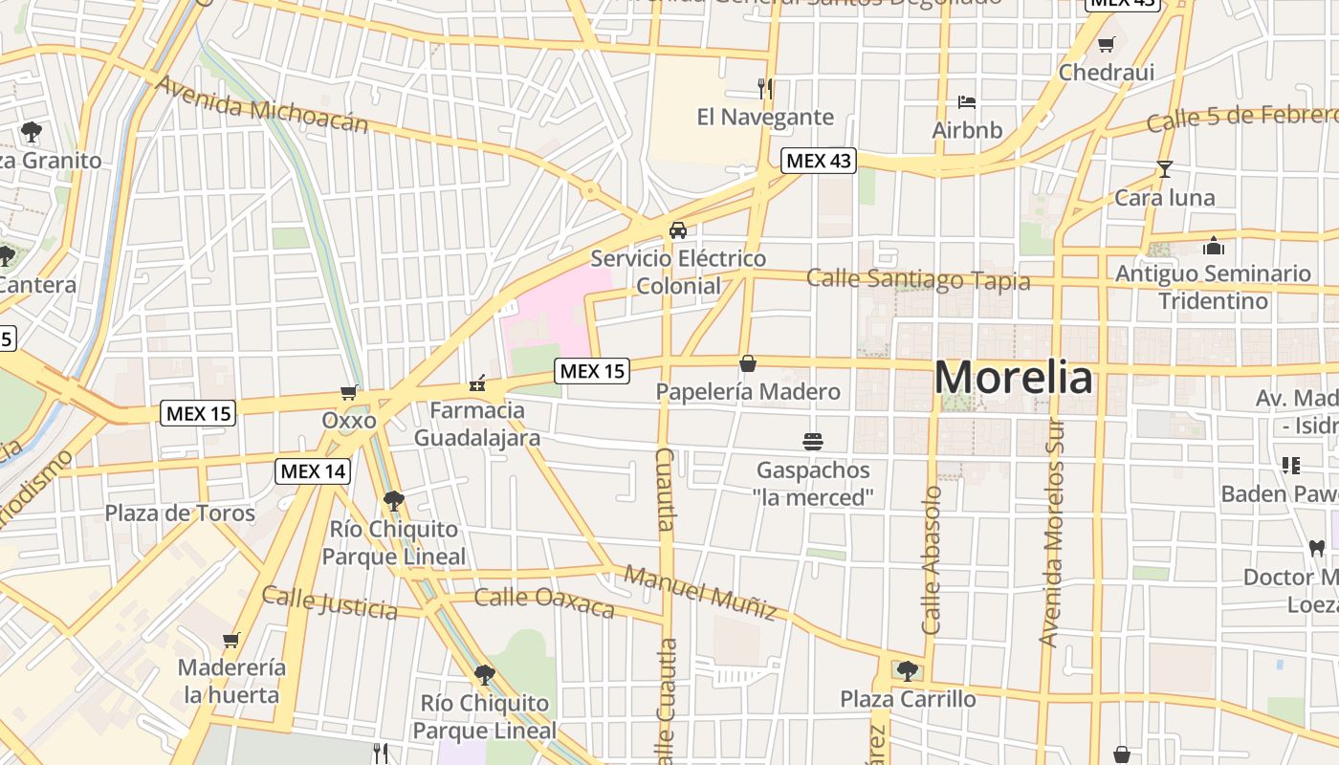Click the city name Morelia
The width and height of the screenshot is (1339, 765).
point(1013,378)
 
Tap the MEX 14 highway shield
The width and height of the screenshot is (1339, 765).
point(313,470)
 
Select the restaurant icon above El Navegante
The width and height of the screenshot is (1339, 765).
point(764,89)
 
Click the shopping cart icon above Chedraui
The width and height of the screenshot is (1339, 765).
point(1107,44)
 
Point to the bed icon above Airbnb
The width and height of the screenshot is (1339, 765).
point(967,102)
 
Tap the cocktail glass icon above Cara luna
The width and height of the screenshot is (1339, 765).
point(1164,169)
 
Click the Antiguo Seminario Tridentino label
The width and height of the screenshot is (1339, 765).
point(1213,287)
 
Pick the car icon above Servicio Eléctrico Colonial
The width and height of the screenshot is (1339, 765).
point(678,230)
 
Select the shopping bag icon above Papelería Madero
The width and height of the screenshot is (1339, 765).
point(748,363)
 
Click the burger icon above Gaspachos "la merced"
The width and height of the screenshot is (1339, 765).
point(813,442)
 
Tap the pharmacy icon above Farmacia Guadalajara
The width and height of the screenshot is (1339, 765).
point(476,384)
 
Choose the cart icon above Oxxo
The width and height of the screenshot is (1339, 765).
point(349,392)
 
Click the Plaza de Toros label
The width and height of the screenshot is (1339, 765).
point(180,514)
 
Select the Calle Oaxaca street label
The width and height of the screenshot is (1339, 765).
point(544,602)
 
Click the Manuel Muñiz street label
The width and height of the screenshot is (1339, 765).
point(700,591)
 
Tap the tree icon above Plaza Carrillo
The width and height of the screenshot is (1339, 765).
point(907,670)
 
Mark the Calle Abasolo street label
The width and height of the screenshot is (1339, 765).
point(933,560)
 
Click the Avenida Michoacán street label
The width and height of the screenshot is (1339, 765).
point(261,103)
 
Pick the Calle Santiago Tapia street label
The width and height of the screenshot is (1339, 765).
point(918,280)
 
